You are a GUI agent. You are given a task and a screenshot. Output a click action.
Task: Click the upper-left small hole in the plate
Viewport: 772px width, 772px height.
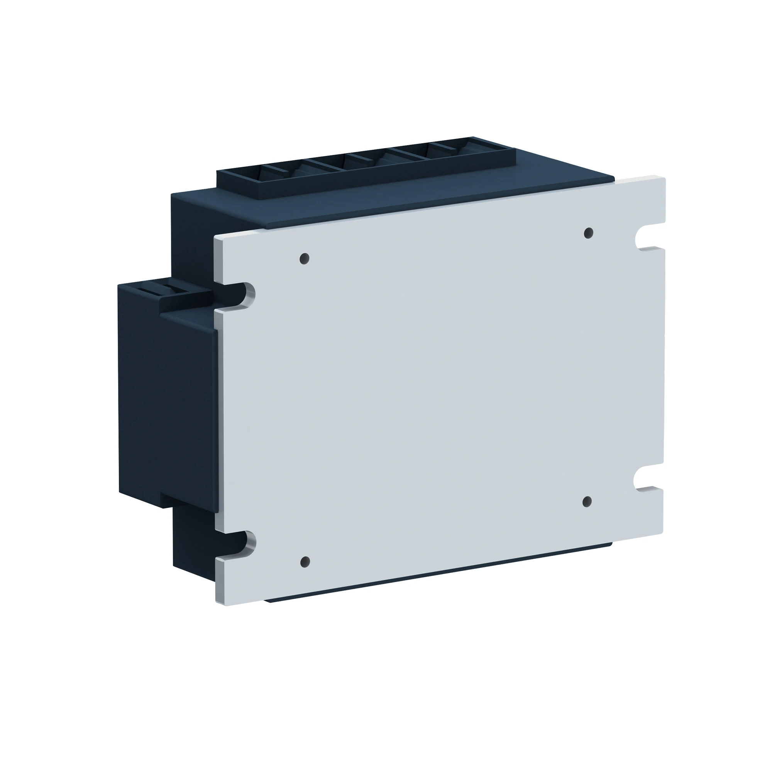click(x=305, y=259)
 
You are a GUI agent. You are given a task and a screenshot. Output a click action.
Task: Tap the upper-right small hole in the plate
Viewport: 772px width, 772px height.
click(x=588, y=233)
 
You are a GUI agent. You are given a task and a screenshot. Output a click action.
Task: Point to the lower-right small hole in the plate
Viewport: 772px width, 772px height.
click(x=587, y=502)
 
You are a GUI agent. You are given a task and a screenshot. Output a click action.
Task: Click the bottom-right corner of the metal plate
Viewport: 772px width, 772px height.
click(x=663, y=535)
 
